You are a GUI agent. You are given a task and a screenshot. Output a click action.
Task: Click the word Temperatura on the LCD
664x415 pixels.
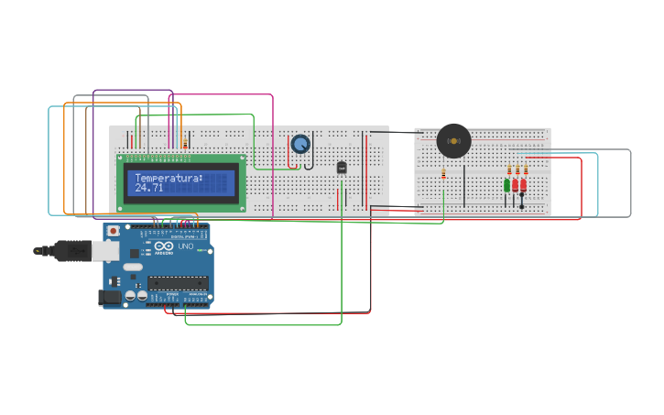(168, 178)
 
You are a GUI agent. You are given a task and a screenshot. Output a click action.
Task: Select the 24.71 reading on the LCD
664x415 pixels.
(149, 188)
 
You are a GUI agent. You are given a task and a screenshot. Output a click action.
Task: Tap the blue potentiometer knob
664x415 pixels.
(300, 144)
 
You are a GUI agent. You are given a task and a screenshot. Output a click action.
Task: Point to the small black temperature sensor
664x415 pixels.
(342, 168)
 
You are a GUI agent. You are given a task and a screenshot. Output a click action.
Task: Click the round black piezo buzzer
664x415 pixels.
(453, 141)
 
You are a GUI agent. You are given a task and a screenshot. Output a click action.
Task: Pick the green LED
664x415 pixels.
(506, 186)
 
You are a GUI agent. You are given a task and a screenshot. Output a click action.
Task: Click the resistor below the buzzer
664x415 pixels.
(444, 174)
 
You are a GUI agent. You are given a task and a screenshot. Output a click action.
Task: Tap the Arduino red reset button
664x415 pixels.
(113, 232)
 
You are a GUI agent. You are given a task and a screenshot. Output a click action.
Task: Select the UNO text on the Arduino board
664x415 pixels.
(186, 247)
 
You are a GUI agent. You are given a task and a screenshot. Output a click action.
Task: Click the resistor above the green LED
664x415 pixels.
(509, 169)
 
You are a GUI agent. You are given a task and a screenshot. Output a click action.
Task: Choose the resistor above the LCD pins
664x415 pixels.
(185, 142)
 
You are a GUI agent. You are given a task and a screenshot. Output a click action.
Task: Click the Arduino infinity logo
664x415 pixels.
(164, 247)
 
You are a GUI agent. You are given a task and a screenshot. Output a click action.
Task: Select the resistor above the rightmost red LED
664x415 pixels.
(526, 169)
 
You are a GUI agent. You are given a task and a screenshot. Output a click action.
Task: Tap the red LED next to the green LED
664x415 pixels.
(516, 186)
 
